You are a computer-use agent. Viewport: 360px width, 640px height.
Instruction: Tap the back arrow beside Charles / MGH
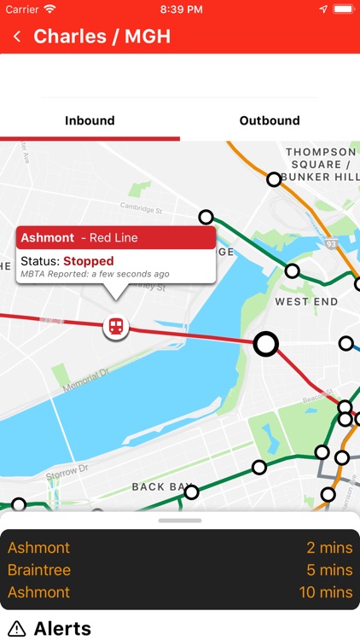coord(17,37)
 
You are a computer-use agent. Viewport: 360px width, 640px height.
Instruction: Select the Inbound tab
coord(90,120)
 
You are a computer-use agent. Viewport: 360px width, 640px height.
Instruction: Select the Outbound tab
coord(270,120)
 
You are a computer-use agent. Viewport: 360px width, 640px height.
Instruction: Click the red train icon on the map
coord(115,326)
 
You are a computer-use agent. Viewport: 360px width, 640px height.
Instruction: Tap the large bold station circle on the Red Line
coord(266,344)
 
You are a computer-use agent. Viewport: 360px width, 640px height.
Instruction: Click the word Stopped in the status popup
coord(88,260)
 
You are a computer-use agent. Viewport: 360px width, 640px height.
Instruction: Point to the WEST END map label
coord(306,301)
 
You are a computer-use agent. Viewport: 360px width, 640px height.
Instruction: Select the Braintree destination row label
coord(39,570)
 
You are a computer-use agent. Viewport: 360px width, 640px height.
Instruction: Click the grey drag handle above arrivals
coord(180,520)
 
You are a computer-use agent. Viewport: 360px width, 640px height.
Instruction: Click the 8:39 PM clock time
coord(180,9)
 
